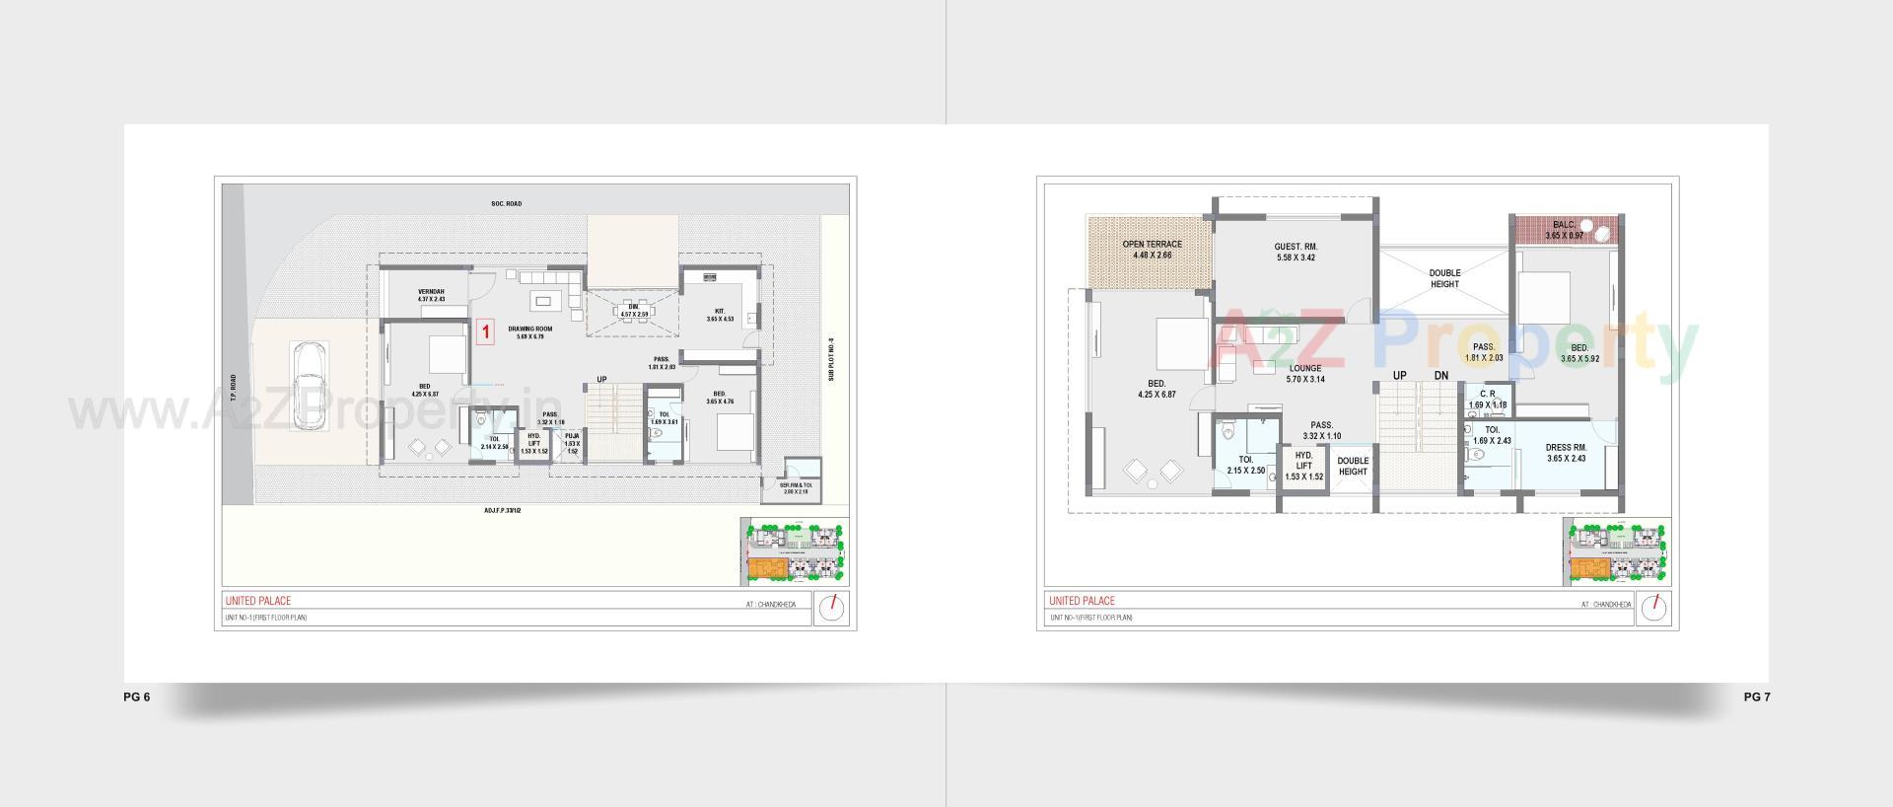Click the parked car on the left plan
[310, 386]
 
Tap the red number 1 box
[485, 332]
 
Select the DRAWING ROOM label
[530, 332]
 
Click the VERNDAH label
[431, 295]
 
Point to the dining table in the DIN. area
[633, 311]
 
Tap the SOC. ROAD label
[507, 204]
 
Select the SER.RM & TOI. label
[795, 488]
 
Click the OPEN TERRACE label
[1152, 250]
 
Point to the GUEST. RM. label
[1296, 252]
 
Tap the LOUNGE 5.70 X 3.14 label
[1304, 374]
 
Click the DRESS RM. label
[1566, 453]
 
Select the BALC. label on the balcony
[1564, 230]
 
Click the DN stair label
[1441, 376]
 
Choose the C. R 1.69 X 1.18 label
[1488, 400]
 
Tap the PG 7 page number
[1757, 697]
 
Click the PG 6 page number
[137, 697]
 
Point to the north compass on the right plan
[1652, 609]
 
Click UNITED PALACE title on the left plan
[257, 601]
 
